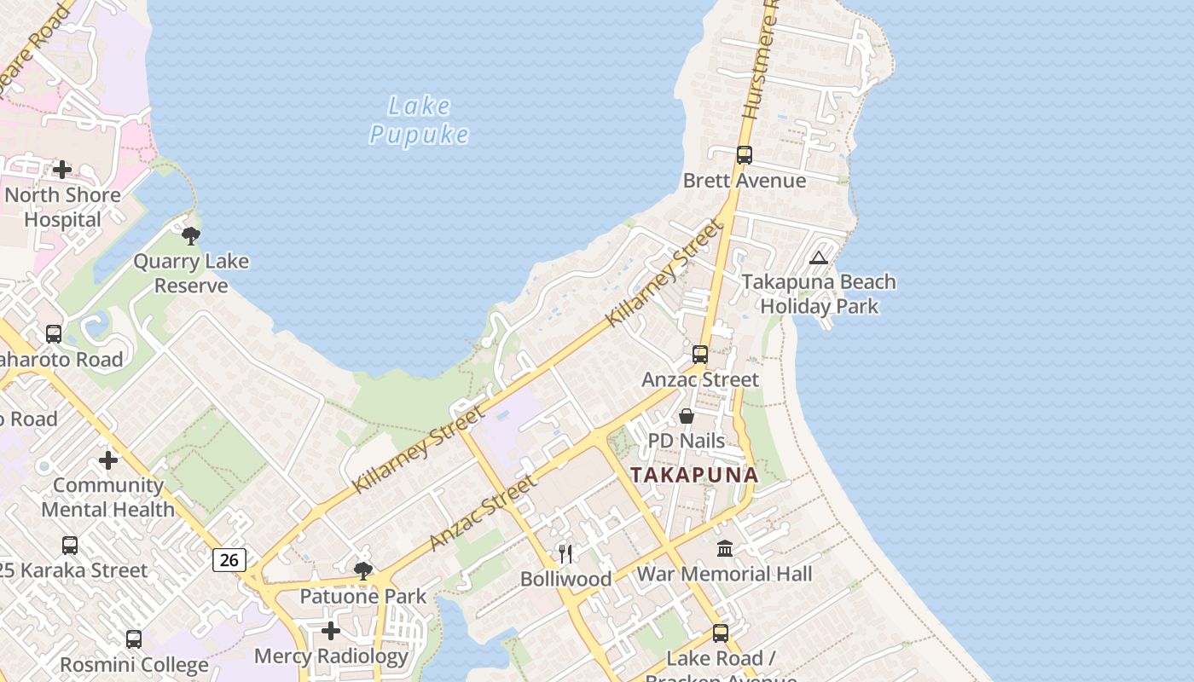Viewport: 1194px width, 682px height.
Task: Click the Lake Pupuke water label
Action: pyautogui.click(x=419, y=120)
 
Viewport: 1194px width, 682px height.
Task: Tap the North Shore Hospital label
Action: pyautogui.click(x=62, y=207)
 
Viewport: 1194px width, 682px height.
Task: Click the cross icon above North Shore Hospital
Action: pyautogui.click(x=62, y=170)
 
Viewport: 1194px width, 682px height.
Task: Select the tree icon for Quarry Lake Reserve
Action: pyautogui.click(x=191, y=235)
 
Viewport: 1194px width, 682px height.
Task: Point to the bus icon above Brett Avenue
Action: pyautogui.click(x=745, y=155)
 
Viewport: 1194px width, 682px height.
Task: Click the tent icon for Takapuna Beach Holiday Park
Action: pyautogui.click(x=819, y=257)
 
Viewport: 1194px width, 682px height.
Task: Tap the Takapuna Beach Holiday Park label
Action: pyautogui.click(x=819, y=294)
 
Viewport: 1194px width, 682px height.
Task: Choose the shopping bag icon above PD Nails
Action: pyautogui.click(x=687, y=416)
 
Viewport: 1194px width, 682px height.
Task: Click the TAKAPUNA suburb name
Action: pyautogui.click(x=694, y=475)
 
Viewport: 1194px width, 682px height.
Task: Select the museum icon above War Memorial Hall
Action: pyautogui.click(x=725, y=548)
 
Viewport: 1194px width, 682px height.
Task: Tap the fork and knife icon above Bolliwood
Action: pyautogui.click(x=565, y=553)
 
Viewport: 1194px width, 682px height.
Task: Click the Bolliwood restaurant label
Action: pyautogui.click(x=566, y=579)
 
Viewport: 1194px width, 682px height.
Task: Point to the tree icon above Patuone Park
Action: pyautogui.click(x=363, y=570)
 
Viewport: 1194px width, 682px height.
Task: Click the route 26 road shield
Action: pyautogui.click(x=229, y=559)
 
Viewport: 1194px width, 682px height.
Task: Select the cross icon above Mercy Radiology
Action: pyautogui.click(x=331, y=631)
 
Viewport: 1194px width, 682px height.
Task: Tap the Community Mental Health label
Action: pyautogui.click(x=108, y=497)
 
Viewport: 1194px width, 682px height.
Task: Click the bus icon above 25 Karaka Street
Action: pyautogui.click(x=70, y=545)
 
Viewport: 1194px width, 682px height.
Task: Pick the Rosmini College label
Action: pyautogui.click(x=134, y=665)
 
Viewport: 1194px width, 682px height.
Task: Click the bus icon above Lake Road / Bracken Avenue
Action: pyautogui.click(x=721, y=633)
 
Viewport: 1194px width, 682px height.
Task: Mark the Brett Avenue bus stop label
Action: pyautogui.click(x=745, y=181)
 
